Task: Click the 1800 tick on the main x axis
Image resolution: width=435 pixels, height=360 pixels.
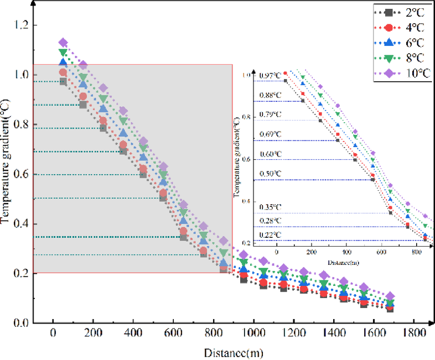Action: pos(413,333)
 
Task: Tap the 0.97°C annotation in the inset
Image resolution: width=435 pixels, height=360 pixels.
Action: pos(270,76)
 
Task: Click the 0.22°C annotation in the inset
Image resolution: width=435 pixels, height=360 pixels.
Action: pos(270,235)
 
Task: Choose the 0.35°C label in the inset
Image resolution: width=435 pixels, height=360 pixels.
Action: pos(270,208)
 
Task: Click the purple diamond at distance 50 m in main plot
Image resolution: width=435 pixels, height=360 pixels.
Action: pos(63,43)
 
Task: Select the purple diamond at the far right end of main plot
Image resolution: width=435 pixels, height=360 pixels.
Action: pos(390,296)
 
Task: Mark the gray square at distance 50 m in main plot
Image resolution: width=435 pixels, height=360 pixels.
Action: pos(63,81)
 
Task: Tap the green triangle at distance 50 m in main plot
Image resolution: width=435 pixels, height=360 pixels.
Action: pos(63,53)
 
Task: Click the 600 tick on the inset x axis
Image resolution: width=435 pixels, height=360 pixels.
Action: pos(381,251)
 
